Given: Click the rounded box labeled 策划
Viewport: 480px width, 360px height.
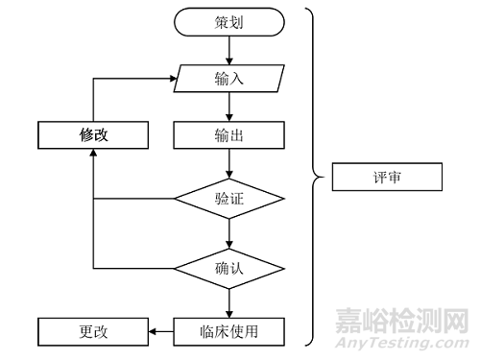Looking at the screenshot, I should point(228,21).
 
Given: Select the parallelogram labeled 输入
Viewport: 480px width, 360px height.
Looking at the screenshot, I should point(228,78).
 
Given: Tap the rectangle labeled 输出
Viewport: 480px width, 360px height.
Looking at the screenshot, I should point(228,135).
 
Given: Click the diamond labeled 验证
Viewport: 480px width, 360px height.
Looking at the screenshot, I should point(228,199).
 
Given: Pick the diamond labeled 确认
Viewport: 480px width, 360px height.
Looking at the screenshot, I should point(228,267).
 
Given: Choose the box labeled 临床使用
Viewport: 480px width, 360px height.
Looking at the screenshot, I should point(228,332).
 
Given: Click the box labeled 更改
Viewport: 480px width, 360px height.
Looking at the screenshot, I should point(93,332).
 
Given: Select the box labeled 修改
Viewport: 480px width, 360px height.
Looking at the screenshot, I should point(93,135).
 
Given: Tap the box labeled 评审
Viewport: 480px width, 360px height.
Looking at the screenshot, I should point(385,178).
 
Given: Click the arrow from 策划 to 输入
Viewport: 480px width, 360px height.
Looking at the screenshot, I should point(228,49).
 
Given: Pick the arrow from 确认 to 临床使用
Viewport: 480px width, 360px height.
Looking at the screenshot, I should point(228,301).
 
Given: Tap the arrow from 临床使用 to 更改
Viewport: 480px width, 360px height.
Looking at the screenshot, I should point(161,332).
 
